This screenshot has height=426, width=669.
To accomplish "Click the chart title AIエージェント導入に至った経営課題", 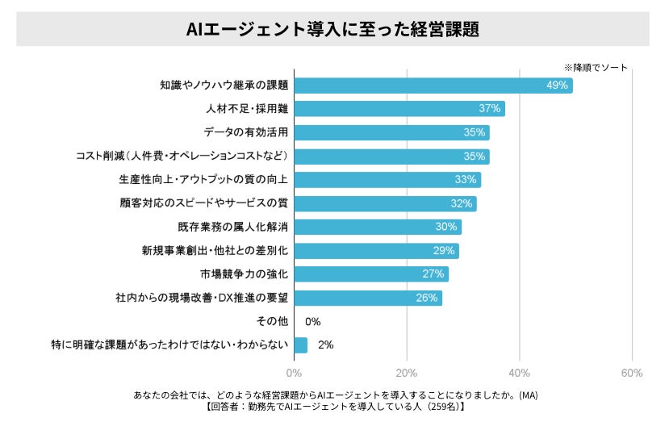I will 332,29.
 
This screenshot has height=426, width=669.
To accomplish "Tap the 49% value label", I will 558,85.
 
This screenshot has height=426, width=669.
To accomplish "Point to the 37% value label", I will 490,109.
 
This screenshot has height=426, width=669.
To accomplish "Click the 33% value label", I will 466,180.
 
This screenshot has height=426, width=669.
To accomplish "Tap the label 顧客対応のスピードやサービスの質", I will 203,203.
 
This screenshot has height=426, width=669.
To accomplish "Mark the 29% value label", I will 444,251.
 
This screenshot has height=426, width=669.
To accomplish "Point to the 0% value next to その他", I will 313,322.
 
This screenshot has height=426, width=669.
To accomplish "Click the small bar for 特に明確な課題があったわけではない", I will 301,345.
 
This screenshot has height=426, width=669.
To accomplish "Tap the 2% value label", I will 326,345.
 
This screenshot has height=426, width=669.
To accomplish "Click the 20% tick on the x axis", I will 407,373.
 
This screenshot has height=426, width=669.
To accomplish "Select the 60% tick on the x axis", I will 632,373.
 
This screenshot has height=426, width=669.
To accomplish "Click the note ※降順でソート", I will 595,68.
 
